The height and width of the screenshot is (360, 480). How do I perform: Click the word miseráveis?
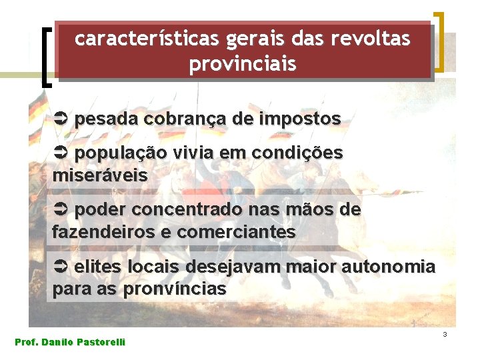click(x=100, y=176)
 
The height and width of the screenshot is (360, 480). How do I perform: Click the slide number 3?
click(x=444, y=333)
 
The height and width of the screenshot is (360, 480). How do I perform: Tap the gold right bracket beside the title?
click(x=439, y=41)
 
